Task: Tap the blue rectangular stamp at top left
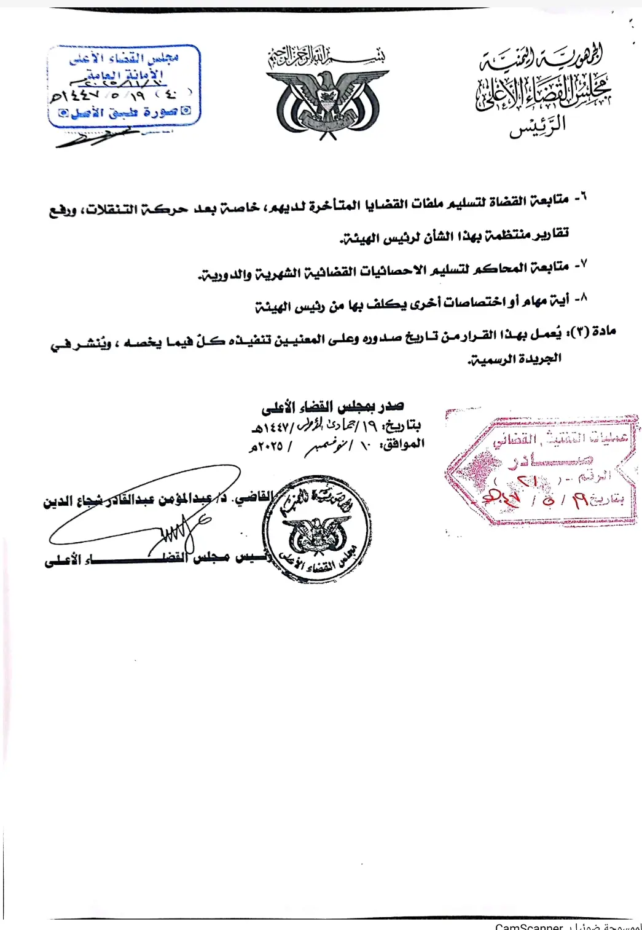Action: (x=124, y=85)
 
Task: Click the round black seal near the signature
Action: (x=317, y=529)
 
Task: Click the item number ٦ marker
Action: (x=581, y=198)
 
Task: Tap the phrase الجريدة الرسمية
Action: (x=515, y=358)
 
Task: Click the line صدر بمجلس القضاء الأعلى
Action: (x=332, y=406)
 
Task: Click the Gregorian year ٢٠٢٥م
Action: (x=265, y=446)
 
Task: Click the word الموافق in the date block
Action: (x=402, y=444)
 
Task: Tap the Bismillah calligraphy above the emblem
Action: (x=326, y=57)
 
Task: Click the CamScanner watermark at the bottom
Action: (x=529, y=926)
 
